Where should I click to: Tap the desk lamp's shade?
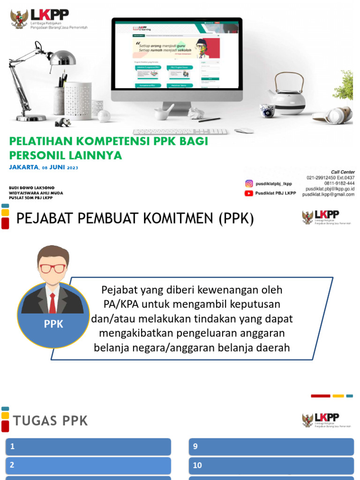[63, 58]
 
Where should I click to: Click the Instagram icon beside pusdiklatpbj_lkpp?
[249, 184]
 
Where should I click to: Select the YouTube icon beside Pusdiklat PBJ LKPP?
[249, 193]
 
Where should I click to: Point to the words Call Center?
[343, 172]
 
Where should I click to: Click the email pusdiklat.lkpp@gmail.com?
[328, 194]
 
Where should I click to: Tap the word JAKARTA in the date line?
[24, 167]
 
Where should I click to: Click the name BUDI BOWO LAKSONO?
[32, 187]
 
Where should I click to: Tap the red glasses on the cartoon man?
[53, 269]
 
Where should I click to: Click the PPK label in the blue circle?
[53, 324]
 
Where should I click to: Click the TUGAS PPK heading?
[51, 421]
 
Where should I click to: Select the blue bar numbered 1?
[88, 447]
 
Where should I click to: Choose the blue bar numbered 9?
[271, 447]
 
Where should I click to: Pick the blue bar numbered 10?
[271, 465]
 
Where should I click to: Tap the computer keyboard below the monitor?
[180, 132]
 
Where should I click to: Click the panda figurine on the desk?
[63, 122]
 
